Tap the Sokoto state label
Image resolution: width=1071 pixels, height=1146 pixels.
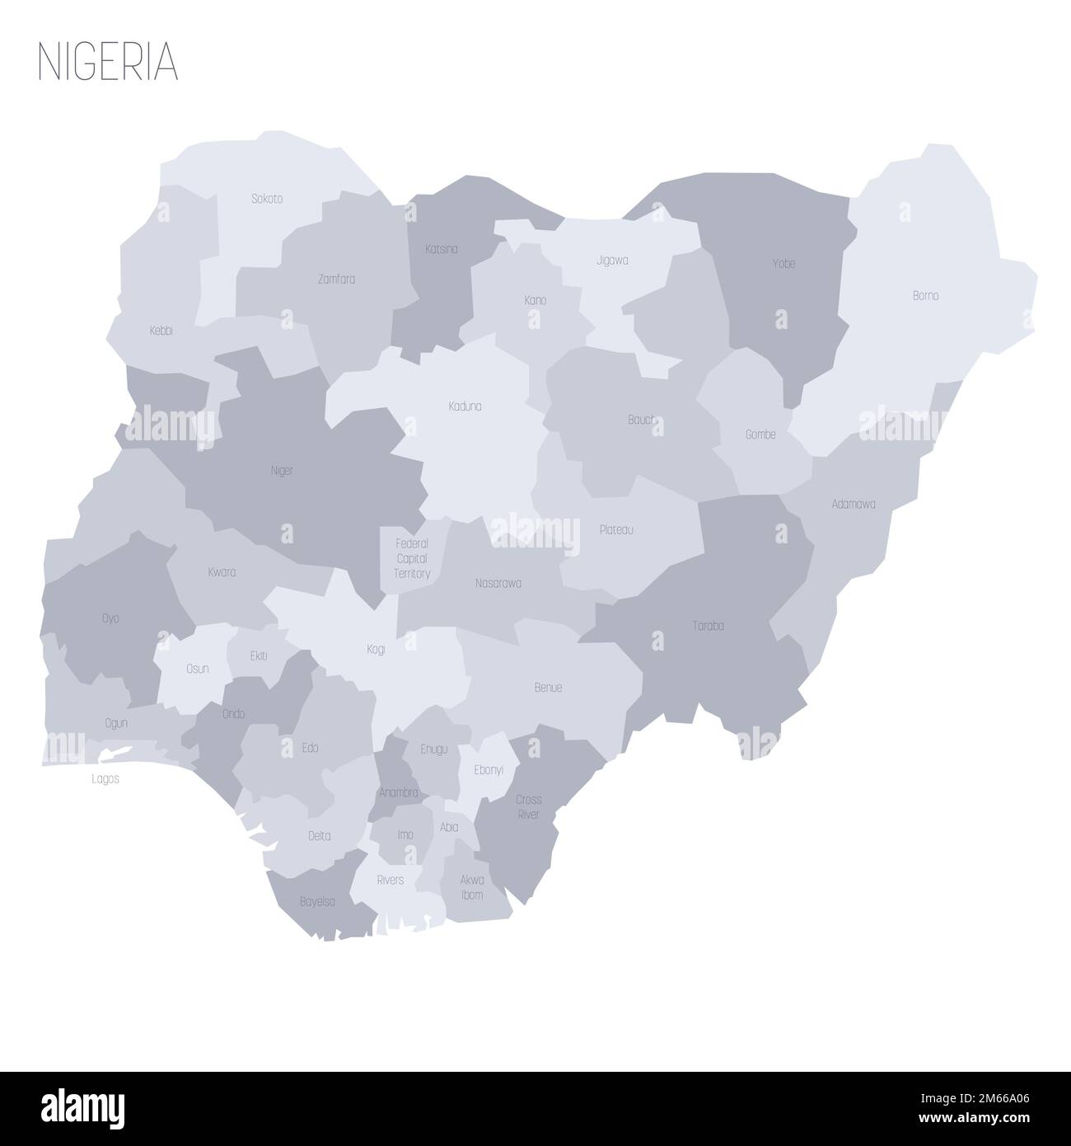point(266,199)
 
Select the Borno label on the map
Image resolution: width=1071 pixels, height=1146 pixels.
point(925,295)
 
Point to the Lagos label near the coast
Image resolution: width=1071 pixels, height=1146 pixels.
point(105,778)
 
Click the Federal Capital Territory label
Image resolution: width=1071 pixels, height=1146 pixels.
point(412,558)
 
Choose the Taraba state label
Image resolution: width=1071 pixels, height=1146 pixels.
point(708,626)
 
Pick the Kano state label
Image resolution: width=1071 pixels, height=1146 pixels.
point(535,300)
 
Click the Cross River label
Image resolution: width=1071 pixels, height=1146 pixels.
point(529,806)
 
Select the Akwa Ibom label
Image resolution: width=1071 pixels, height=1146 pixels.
point(472,887)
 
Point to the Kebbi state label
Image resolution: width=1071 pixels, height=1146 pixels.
point(161,331)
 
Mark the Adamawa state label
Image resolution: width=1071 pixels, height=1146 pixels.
point(854,503)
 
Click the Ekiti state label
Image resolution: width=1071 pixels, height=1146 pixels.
point(258,656)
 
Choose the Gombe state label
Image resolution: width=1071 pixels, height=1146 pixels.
point(760,434)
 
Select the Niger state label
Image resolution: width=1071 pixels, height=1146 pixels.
point(282,471)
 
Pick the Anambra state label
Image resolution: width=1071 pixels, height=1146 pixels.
point(398,792)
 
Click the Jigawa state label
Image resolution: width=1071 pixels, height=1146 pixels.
point(612,260)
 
